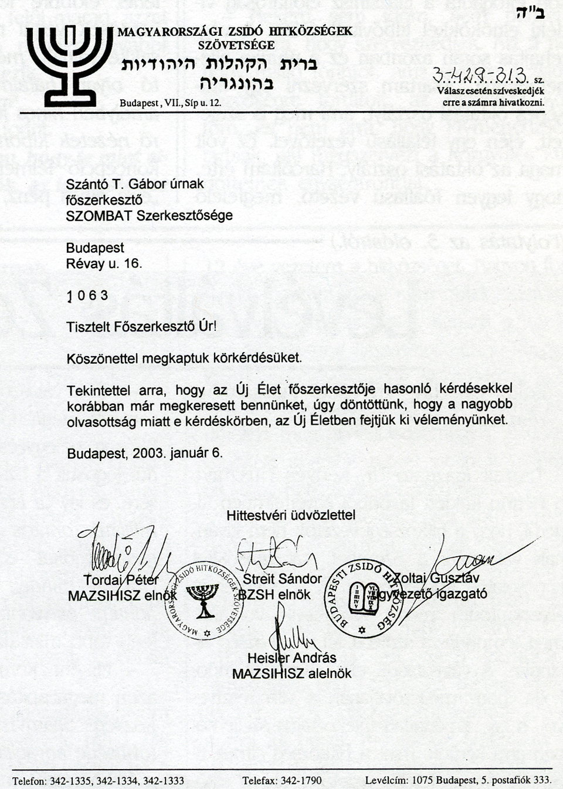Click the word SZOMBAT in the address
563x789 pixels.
[x=99, y=215]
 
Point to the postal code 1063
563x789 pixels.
[x=87, y=296]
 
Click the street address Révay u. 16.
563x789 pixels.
[x=104, y=263]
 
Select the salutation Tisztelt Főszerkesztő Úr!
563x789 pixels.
[x=141, y=327]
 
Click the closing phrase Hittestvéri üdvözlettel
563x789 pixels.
[x=291, y=515]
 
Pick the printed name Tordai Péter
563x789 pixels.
[x=121, y=580]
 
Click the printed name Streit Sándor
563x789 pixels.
[x=282, y=579]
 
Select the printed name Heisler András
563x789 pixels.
[x=291, y=658]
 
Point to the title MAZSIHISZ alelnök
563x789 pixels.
[x=291, y=673]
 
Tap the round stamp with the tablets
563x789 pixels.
[x=364, y=598]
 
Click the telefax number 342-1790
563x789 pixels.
[x=301, y=781]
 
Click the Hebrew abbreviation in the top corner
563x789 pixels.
[x=530, y=13]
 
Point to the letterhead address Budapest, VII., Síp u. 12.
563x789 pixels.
[x=170, y=103]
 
